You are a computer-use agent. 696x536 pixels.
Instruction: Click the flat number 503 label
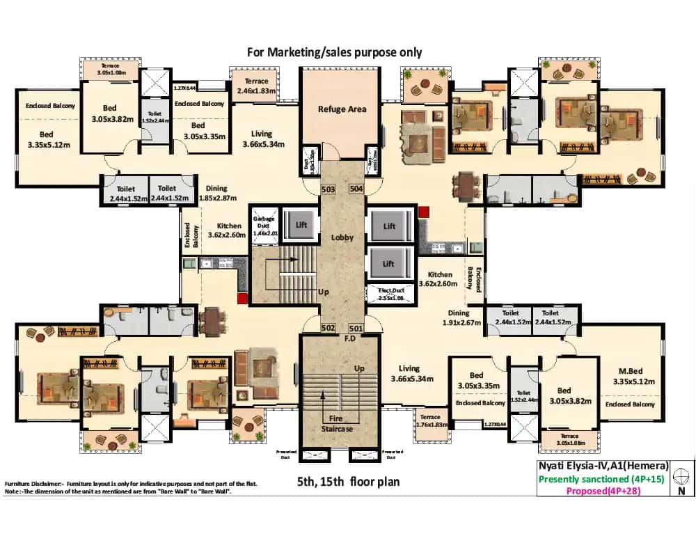click(x=329, y=189)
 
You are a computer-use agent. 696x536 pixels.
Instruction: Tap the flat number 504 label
click(x=356, y=189)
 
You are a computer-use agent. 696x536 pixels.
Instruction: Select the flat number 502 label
click(x=329, y=328)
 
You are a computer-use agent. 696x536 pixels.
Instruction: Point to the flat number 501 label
click(x=356, y=328)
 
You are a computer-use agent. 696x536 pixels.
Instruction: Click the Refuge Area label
click(x=342, y=109)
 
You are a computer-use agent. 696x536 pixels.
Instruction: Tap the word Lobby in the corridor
click(x=342, y=237)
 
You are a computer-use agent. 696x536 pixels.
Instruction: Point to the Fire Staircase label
click(x=341, y=423)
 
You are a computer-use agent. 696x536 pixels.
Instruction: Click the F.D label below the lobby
click(x=341, y=340)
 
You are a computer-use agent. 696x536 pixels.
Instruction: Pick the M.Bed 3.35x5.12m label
click(x=630, y=376)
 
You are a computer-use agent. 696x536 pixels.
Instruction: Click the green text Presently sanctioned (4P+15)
click(x=603, y=479)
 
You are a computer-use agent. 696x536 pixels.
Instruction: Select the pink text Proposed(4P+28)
click(x=603, y=491)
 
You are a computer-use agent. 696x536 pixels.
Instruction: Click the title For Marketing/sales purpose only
click(x=334, y=52)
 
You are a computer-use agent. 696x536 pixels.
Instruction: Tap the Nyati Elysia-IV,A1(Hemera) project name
click(x=603, y=466)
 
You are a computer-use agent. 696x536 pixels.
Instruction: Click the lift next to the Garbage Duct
click(x=301, y=225)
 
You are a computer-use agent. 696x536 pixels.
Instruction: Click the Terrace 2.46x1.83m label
click(x=256, y=86)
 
